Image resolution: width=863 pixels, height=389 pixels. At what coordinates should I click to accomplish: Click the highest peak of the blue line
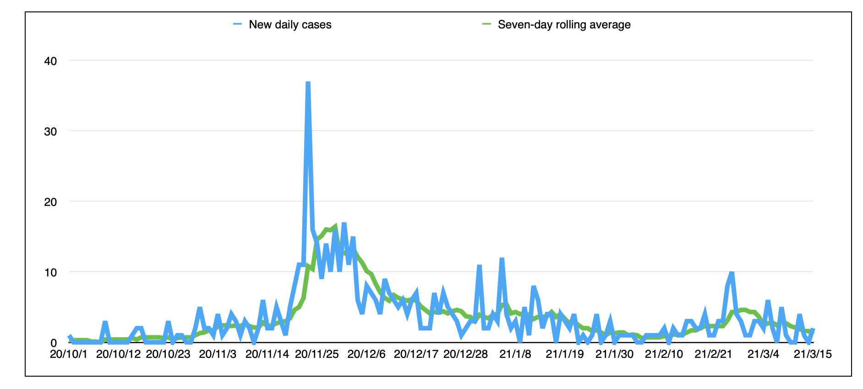click(308, 83)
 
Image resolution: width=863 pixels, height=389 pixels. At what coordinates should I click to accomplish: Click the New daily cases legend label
click(290, 25)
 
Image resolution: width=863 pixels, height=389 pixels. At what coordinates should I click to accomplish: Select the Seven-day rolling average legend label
click(564, 25)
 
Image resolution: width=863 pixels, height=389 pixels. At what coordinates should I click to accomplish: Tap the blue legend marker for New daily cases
click(237, 24)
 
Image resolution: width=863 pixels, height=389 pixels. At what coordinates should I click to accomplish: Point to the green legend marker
click(486, 24)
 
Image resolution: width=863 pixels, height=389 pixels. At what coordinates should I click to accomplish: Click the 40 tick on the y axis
click(50, 61)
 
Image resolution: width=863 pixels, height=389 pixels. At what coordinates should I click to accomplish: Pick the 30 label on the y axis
click(50, 131)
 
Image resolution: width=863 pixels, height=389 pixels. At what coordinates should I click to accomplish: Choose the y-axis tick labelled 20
click(50, 202)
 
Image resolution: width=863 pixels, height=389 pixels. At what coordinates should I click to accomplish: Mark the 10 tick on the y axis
click(50, 272)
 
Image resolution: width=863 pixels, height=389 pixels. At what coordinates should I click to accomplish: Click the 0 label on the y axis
click(54, 343)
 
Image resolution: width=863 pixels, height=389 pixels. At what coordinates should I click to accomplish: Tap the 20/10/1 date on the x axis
click(68, 354)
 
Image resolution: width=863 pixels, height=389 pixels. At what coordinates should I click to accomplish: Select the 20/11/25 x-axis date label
click(317, 354)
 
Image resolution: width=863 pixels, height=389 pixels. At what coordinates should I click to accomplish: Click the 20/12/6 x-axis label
click(366, 354)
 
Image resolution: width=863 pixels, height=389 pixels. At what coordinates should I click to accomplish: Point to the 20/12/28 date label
click(465, 354)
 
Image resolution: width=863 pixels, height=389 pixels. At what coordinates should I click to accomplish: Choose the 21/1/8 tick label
click(515, 354)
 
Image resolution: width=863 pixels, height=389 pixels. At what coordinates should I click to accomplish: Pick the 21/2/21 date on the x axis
click(714, 354)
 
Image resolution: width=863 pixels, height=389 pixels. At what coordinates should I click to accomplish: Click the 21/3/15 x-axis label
click(813, 354)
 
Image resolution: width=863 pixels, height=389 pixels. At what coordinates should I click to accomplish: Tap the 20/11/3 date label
click(218, 354)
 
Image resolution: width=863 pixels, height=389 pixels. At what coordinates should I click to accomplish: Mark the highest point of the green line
click(335, 226)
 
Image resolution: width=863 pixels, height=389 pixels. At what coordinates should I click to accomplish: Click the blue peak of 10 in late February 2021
click(732, 273)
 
